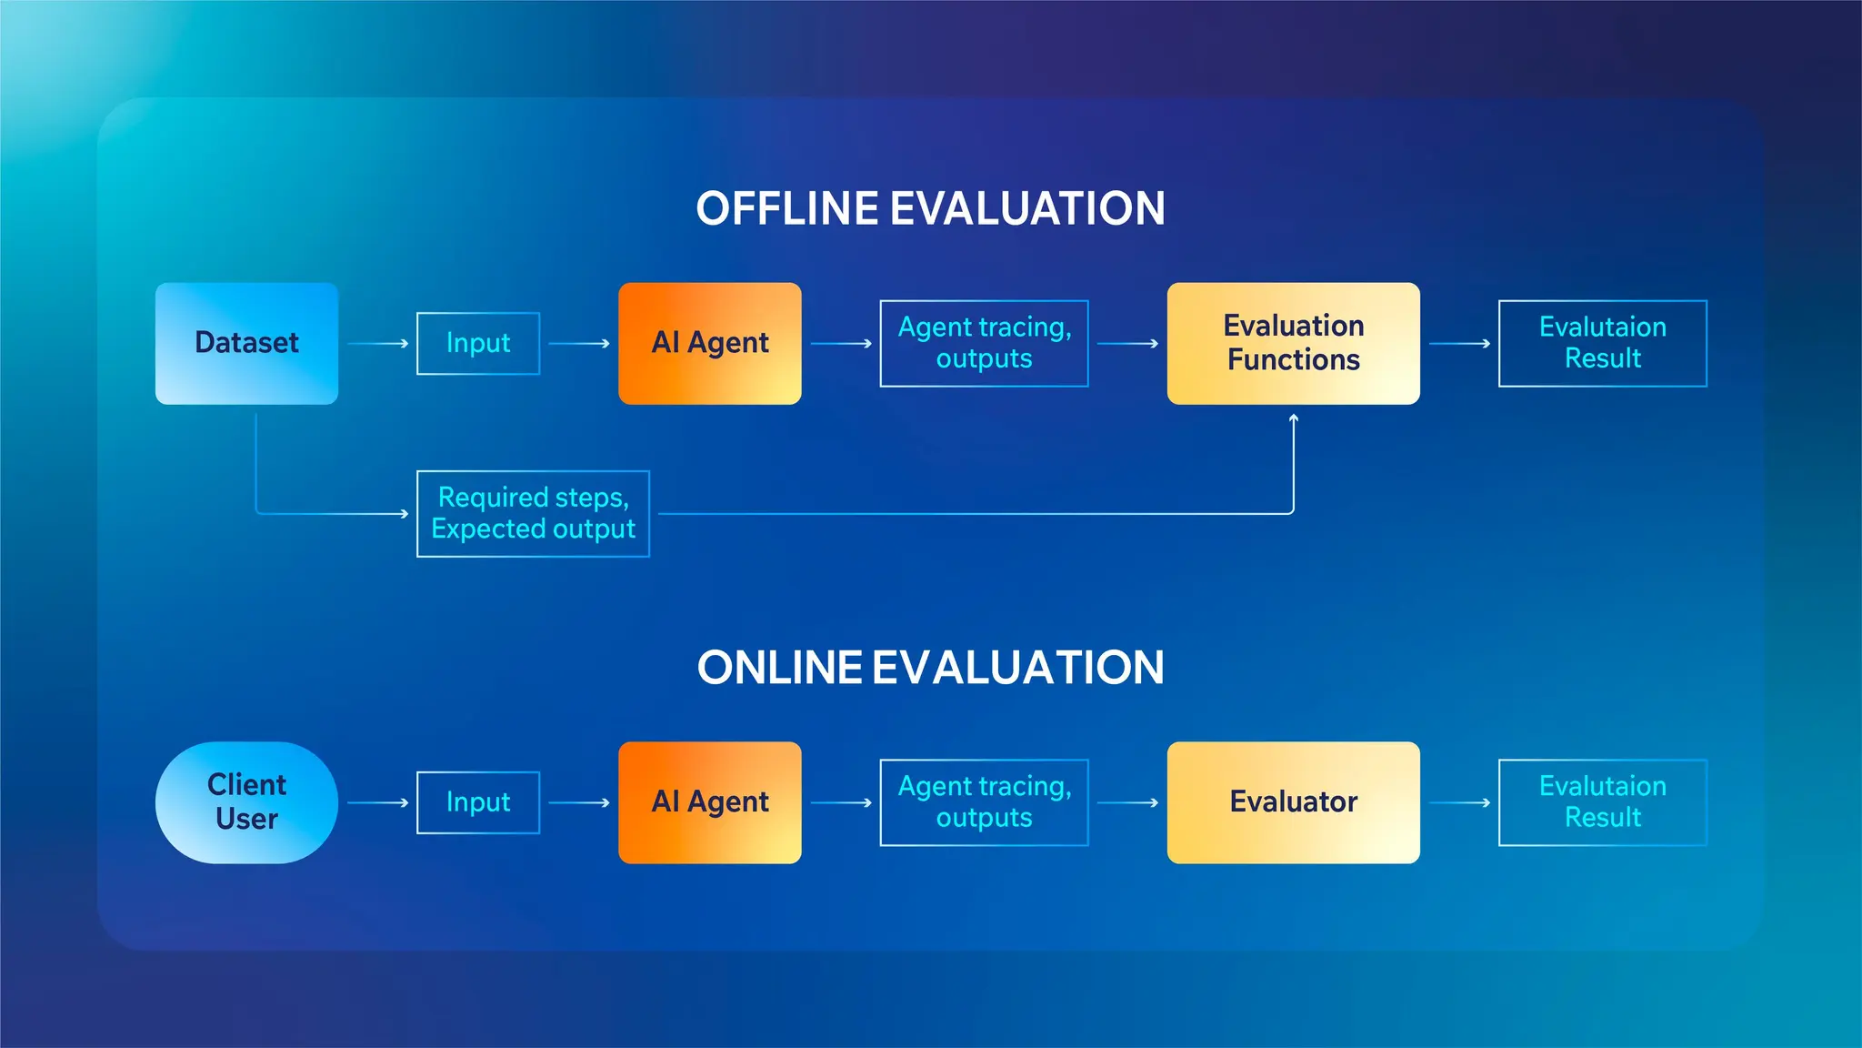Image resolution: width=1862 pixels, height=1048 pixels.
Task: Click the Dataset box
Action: click(246, 343)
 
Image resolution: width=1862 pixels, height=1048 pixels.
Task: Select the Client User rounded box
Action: click(246, 801)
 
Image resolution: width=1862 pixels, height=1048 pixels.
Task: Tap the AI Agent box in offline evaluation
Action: click(709, 343)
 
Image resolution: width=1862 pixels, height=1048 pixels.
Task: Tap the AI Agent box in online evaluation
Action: click(709, 801)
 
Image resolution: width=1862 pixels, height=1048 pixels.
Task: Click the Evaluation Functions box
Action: click(1293, 343)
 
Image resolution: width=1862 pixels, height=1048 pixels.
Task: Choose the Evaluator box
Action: click(1293, 801)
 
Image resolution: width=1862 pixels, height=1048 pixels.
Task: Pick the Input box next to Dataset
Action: click(478, 343)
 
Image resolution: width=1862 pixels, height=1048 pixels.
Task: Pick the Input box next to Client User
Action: click(478, 801)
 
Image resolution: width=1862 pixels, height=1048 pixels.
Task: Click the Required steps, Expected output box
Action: click(533, 513)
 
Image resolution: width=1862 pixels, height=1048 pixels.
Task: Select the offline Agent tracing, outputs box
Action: click(984, 343)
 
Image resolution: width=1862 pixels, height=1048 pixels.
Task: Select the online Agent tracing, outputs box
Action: click(984, 801)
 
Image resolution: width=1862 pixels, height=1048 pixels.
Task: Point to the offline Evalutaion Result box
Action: click(1602, 343)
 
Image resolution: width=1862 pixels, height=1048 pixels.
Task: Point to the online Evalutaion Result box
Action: click(1602, 801)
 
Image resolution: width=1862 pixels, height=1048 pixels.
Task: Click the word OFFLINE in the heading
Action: click(787, 208)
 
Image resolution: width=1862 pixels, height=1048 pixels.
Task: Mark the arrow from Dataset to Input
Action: click(377, 344)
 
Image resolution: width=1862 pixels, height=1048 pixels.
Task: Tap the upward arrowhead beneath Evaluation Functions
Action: click(1293, 418)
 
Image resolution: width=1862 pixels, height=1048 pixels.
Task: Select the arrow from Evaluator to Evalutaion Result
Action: click(1459, 802)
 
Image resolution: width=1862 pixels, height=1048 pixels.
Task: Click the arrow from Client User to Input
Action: click(377, 802)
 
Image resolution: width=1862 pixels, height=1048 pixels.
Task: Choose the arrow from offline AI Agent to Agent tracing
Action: click(841, 344)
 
